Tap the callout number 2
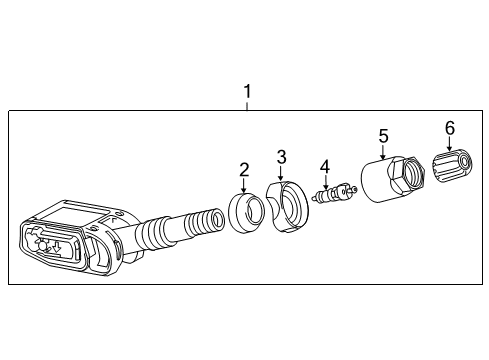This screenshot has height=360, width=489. coord(243,171)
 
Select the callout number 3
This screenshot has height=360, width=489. coord(281,157)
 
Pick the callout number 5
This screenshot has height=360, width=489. coord(381,134)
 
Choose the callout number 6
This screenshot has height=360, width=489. coord(448,127)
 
